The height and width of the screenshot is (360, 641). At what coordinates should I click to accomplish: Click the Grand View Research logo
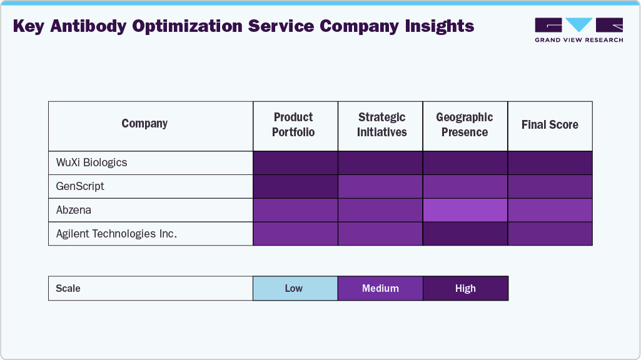pos(578,29)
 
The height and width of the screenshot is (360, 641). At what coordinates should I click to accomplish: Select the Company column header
pos(144,124)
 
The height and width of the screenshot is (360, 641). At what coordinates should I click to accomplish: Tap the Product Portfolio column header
pos(294,125)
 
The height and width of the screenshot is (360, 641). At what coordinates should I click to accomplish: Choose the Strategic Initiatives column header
pos(381,125)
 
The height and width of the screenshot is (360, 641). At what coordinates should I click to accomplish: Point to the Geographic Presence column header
pos(465,125)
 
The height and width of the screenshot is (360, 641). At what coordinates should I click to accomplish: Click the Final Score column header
pos(550,125)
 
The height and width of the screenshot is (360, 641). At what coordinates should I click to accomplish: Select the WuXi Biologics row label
pos(92,162)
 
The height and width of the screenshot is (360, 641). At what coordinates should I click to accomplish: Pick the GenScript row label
pos(81,186)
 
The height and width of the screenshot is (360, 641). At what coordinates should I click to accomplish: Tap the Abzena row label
pos(74,210)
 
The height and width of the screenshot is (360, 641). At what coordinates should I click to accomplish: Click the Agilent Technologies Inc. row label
pos(117,234)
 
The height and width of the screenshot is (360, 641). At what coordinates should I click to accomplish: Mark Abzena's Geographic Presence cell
pos(465,210)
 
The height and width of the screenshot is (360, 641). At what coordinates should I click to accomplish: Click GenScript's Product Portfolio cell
pos(295,186)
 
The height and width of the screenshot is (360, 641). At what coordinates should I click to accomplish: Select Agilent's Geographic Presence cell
pos(465,234)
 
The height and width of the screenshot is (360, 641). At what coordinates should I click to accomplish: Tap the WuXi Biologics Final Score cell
pos(550,162)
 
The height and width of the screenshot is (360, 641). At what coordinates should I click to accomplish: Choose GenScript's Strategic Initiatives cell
pos(380,186)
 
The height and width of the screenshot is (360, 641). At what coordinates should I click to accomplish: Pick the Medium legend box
pos(380,288)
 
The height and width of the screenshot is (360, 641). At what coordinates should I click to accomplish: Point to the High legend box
pos(465,288)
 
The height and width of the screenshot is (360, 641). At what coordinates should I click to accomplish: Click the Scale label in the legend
pos(68,288)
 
